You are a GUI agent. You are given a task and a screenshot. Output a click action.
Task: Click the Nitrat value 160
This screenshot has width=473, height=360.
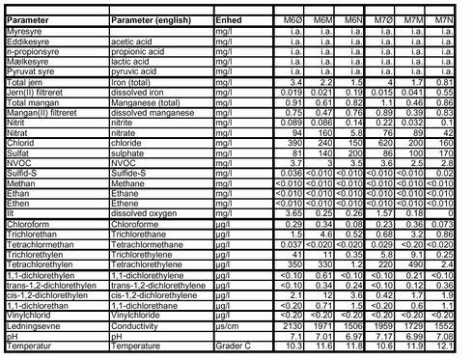click(x=337, y=158)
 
